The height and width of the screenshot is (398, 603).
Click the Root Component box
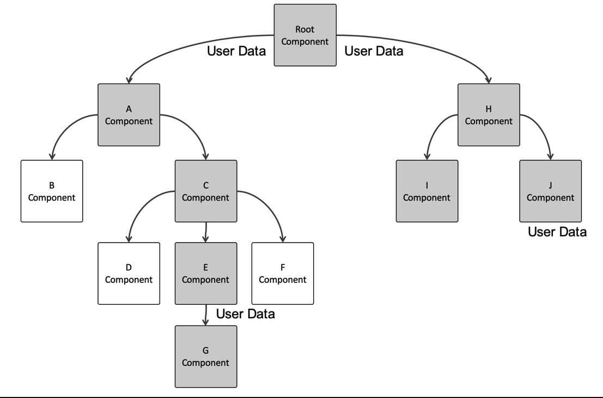point(305,35)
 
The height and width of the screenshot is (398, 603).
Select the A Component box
point(129,114)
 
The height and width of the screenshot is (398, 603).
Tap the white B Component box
point(52,191)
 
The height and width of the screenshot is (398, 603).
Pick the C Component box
point(206,191)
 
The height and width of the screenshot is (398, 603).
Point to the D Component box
point(129,273)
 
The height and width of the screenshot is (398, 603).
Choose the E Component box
point(206,273)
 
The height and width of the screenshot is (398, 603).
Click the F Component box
point(283,273)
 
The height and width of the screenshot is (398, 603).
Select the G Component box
point(206,357)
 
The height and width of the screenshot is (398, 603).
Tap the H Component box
point(489,114)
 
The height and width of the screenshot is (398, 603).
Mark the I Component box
point(427,191)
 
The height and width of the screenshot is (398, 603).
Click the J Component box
point(550,191)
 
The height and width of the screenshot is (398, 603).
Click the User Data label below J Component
point(557,232)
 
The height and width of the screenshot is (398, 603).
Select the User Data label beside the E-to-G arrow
point(245,313)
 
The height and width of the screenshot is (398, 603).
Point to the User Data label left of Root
point(236,51)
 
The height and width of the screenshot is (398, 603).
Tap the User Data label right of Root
point(374,51)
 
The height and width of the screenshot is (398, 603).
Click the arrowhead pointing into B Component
point(52,156)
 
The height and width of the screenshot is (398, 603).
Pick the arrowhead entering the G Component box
point(206,322)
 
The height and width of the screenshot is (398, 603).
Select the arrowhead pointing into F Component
point(283,239)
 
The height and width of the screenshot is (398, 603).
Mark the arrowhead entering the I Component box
point(427,156)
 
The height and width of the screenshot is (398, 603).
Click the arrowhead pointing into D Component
point(129,239)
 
